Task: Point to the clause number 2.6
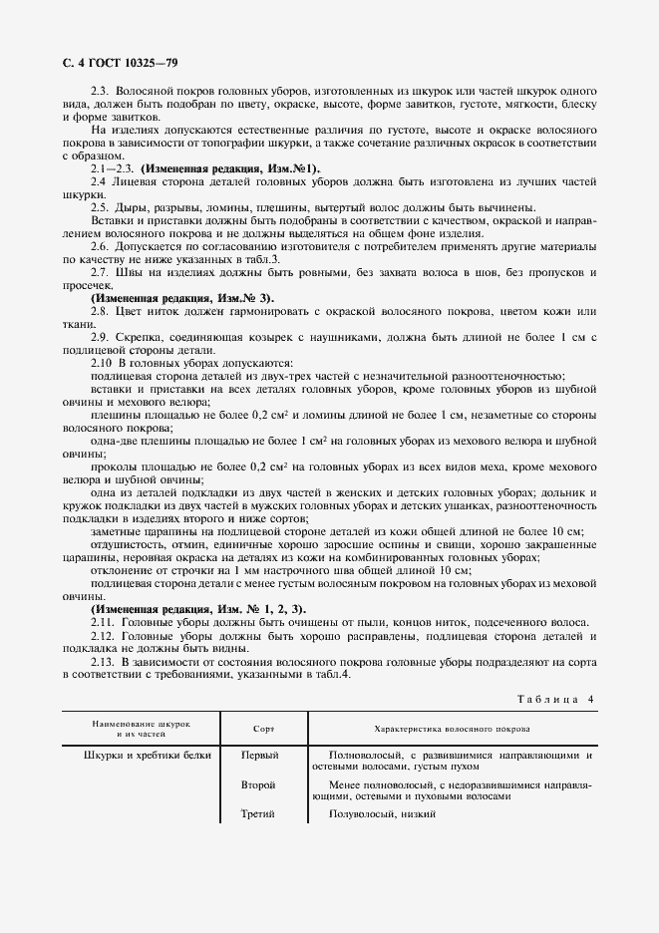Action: tap(100, 245)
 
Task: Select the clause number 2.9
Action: tap(100, 339)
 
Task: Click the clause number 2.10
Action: tap(102, 363)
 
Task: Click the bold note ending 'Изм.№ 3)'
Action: tap(181, 298)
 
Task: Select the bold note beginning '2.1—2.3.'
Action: tap(204, 169)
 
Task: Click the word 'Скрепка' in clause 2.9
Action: tap(143, 339)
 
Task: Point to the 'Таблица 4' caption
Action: tap(554, 700)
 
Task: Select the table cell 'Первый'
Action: tap(260, 756)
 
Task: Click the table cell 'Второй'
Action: tap(258, 785)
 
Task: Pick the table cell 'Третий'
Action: tap(258, 815)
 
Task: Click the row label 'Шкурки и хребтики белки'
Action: tap(148, 756)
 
